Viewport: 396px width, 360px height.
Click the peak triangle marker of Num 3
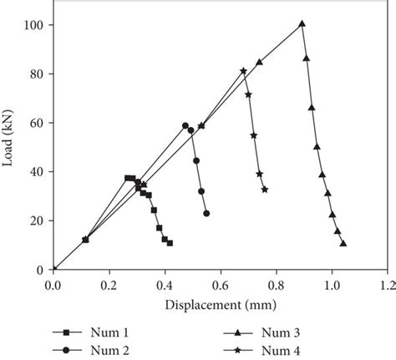[x=302, y=24]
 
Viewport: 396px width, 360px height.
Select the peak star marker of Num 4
[x=243, y=71]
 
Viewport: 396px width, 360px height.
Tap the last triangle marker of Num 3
[x=343, y=244]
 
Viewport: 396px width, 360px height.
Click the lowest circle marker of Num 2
[x=206, y=213]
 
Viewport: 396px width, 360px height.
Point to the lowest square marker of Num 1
[x=170, y=243]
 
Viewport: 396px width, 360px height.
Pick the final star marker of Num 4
[x=265, y=190]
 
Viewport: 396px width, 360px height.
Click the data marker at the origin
[x=54, y=269]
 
